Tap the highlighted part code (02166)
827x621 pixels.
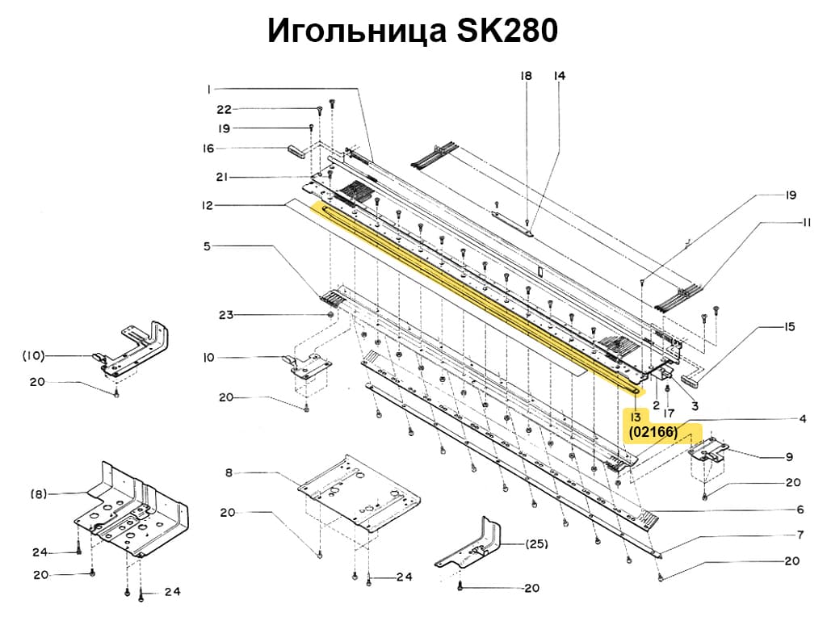[653, 433]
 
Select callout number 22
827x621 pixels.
[224, 109]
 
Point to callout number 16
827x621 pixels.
[208, 149]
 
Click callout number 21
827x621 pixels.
[224, 177]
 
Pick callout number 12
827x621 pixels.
[208, 206]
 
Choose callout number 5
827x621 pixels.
[207, 245]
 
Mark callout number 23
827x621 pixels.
[225, 314]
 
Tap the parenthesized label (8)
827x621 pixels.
[38, 493]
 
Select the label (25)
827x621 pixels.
[537, 543]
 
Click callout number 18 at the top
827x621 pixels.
[526, 76]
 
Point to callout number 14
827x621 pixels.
[559, 76]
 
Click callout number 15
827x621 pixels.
[789, 327]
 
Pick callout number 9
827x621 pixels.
[789, 457]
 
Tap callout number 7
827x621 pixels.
[800, 534]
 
